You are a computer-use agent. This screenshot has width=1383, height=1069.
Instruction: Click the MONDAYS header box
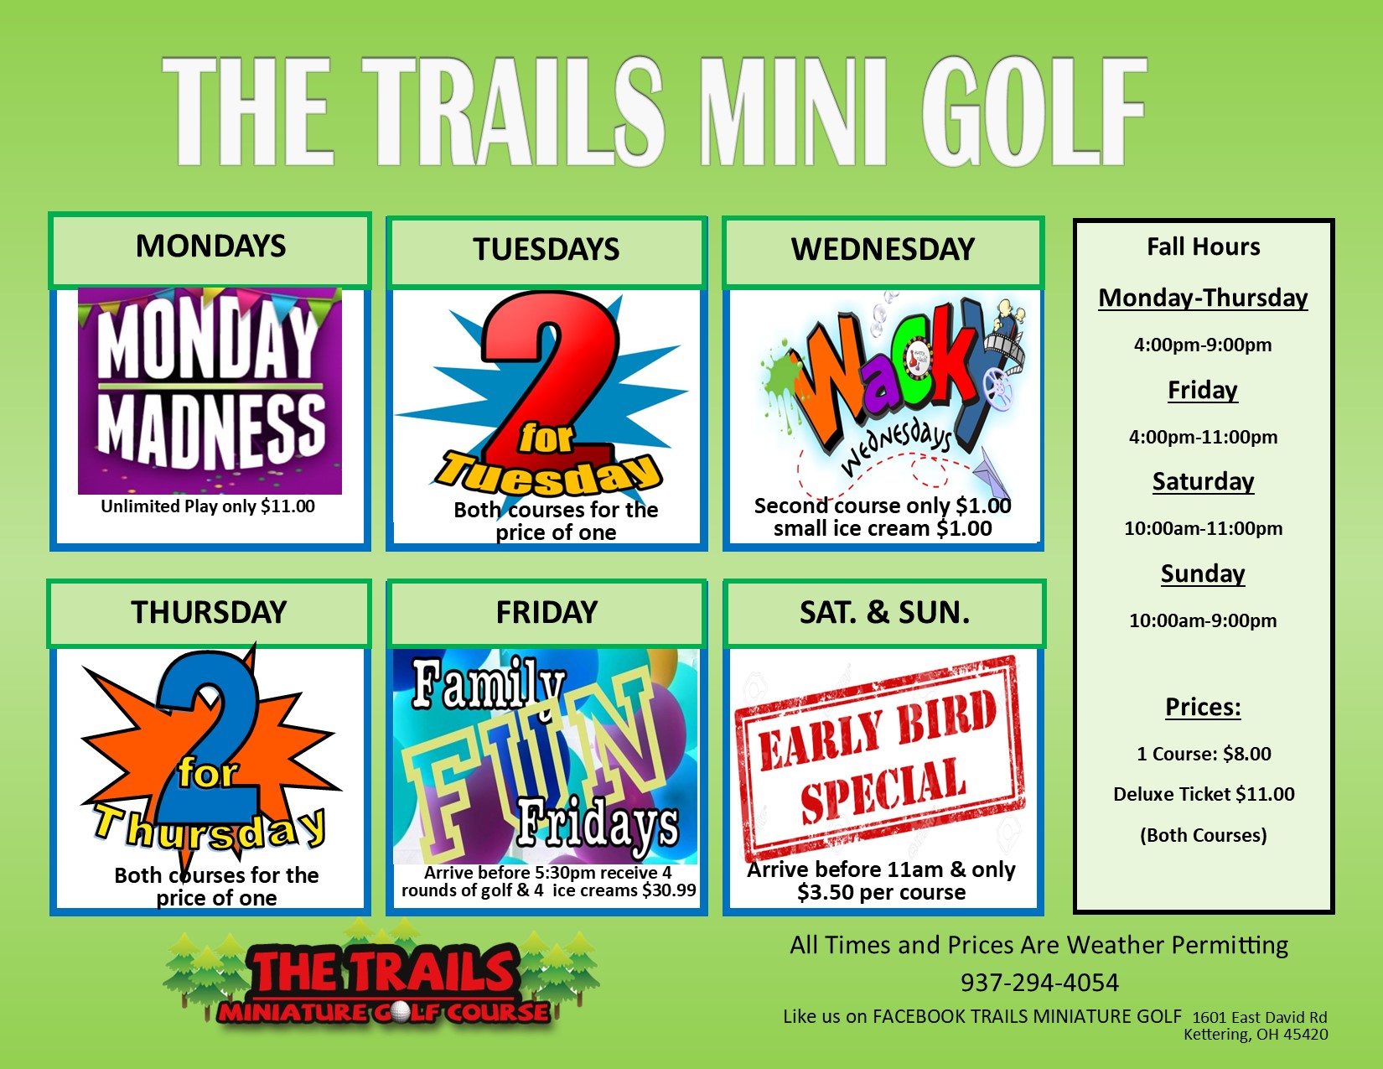[210, 250]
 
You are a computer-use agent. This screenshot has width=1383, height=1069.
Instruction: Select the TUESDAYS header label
[546, 249]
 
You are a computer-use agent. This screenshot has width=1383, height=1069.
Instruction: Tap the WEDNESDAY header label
[883, 249]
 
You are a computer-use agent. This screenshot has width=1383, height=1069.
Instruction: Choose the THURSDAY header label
[210, 613]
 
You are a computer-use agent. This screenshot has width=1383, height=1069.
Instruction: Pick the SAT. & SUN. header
[884, 613]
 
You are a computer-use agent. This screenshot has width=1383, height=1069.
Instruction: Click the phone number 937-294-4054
[1039, 983]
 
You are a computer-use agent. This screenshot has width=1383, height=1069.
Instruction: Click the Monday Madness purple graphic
[210, 391]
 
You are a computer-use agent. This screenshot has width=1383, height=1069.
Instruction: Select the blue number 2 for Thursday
[207, 739]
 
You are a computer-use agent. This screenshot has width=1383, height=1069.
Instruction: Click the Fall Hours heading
[1203, 247]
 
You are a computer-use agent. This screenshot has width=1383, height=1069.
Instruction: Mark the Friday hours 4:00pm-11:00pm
[1203, 437]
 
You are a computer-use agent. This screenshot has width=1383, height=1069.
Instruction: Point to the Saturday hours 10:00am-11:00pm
[1203, 528]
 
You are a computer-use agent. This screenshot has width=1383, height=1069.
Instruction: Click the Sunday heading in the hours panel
[1203, 573]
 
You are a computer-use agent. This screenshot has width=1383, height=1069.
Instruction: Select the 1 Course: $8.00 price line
[1204, 754]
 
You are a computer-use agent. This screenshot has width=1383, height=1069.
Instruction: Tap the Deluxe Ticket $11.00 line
[1204, 795]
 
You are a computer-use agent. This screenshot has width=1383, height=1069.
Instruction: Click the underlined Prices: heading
[1203, 708]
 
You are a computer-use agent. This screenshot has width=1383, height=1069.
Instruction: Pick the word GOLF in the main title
[1033, 112]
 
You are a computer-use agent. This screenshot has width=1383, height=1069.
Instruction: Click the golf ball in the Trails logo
[401, 1012]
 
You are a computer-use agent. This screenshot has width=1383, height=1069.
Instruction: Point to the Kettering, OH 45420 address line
[1256, 1035]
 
